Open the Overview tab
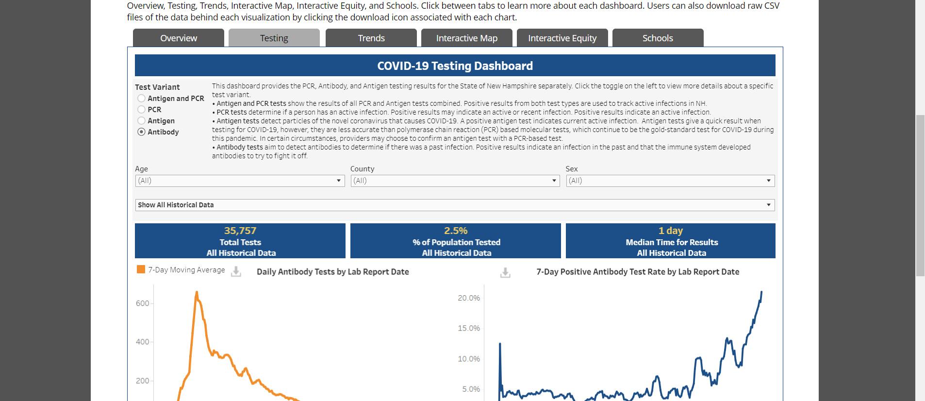coord(179,38)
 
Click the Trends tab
coord(371,38)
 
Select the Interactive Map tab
coord(467,38)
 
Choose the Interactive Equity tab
coord(562,38)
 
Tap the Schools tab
coord(658,38)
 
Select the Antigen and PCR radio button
coord(142,99)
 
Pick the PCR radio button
coord(142,110)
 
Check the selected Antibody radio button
coord(142,132)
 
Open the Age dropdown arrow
coord(339,181)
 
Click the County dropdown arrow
coord(554,181)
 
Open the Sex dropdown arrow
coord(769,181)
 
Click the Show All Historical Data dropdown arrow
coord(769,205)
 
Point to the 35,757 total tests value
coord(240,231)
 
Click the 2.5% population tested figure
coord(456,231)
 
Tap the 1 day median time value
coord(671,231)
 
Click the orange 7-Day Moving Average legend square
coord(141,269)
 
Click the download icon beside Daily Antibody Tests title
coord(236,271)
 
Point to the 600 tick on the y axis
coord(143,303)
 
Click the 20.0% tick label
coord(469,298)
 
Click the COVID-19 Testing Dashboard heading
coord(455,66)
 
